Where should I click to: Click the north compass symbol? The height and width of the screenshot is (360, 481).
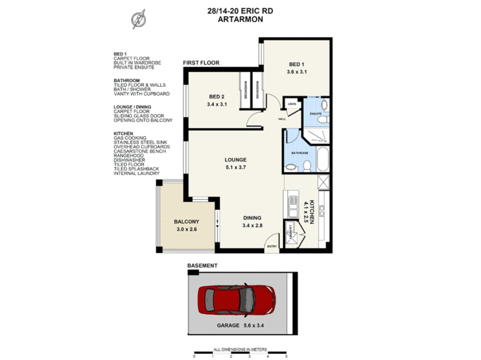(138, 19)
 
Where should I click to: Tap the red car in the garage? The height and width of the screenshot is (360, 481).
(236, 300)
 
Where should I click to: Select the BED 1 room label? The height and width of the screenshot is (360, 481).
(296, 64)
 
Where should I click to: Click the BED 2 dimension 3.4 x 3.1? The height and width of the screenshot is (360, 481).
(216, 104)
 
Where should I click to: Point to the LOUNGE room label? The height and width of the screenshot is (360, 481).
(235, 160)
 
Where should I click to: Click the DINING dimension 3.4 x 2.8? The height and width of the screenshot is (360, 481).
(252, 226)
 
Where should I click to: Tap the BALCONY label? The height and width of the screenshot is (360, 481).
(186, 222)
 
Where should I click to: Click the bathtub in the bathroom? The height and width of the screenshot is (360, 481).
(323, 160)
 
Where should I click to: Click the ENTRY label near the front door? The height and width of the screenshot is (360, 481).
(272, 246)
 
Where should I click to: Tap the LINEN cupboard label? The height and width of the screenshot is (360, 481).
(292, 104)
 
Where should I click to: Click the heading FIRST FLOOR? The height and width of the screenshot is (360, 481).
(201, 63)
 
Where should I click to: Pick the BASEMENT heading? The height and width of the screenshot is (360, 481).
(202, 266)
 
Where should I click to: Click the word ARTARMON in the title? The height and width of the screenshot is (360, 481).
(240, 19)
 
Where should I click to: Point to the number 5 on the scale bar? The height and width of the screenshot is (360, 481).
(286, 356)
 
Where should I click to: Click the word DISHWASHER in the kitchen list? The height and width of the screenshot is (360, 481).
(129, 160)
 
